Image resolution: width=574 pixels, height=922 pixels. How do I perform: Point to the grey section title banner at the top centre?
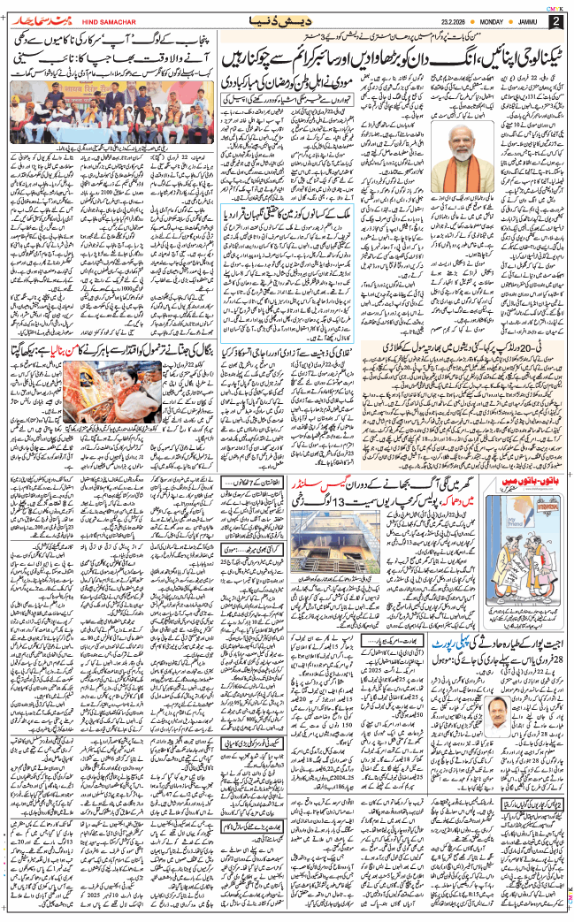[287, 19]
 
